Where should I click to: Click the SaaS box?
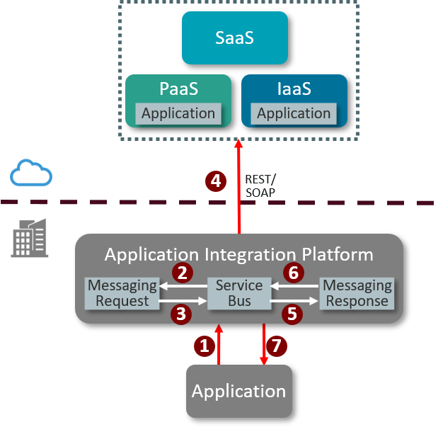click(235, 38)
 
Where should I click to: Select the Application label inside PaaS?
click(178, 113)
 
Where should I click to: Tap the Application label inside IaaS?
click(294, 113)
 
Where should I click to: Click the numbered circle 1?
click(204, 346)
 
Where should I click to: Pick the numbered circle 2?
click(182, 273)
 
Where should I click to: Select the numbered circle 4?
click(216, 181)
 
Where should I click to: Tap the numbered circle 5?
click(293, 314)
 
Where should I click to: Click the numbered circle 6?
click(294, 273)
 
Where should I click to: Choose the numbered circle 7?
click(277, 346)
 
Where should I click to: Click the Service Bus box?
click(239, 293)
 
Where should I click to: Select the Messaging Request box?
click(122, 293)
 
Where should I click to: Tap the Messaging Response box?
click(357, 293)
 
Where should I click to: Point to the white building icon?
click(30, 238)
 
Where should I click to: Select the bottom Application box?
click(239, 391)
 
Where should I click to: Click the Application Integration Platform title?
click(239, 254)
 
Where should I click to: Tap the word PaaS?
click(178, 90)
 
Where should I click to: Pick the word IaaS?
click(294, 90)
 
